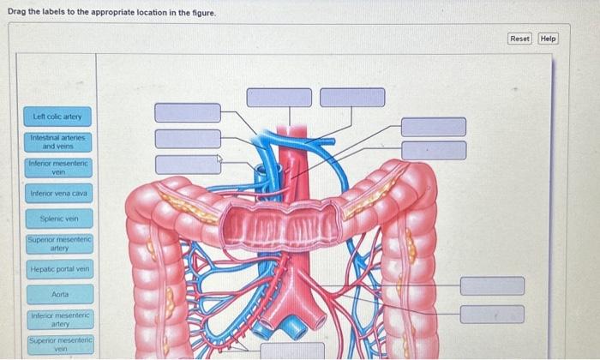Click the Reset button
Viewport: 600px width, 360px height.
point(520,39)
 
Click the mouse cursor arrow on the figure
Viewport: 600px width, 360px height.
point(219,159)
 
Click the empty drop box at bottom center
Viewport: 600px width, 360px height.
point(293,350)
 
